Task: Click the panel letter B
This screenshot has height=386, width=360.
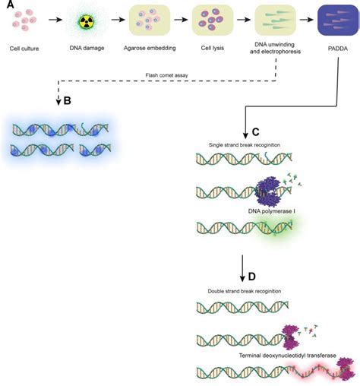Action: tap(67, 101)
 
